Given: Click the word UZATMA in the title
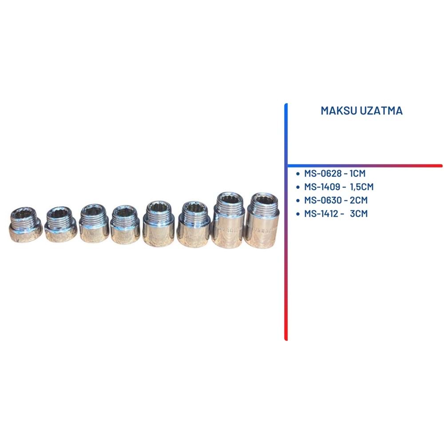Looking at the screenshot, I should pos(382,111).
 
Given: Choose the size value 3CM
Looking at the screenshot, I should pos(359,214).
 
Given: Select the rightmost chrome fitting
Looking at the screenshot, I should pos(262,221).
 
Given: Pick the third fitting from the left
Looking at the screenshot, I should pos(94,223).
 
